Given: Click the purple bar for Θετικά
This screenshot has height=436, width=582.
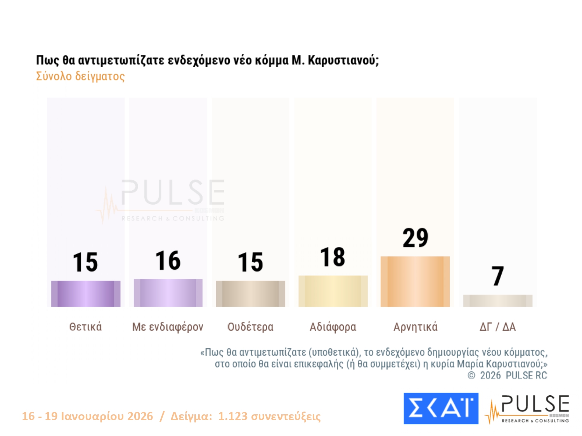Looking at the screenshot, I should click(86, 294).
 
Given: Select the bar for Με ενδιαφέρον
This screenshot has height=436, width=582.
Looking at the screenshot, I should click(168, 293).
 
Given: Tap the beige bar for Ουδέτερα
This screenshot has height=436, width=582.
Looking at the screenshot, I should click(250, 294).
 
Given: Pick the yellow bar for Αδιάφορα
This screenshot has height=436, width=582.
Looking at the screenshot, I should click(333, 291).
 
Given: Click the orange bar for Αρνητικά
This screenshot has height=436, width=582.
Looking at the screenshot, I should click(415, 281).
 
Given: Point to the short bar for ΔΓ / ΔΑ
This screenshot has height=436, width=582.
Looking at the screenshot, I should click(497, 301).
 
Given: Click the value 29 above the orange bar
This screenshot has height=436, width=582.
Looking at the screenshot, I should click(415, 238).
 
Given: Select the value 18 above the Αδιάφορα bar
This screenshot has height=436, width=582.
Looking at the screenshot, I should click(333, 257).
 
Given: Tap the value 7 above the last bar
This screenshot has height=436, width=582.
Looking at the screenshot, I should click(497, 276).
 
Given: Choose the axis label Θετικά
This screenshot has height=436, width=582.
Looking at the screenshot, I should click(85, 327).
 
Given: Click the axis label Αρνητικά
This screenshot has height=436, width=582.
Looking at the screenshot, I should click(415, 327).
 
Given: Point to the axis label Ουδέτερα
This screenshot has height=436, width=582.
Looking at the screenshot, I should click(250, 327).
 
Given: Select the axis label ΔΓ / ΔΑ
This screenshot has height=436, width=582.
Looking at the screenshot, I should click(497, 327).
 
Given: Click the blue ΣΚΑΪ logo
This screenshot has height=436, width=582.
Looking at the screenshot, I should click(441, 408).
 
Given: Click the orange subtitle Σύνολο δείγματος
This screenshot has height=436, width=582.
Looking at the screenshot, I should click(80, 76).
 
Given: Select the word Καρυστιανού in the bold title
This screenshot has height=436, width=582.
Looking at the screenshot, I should click(343, 60).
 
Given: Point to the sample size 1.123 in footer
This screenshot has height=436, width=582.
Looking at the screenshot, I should click(232, 416).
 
